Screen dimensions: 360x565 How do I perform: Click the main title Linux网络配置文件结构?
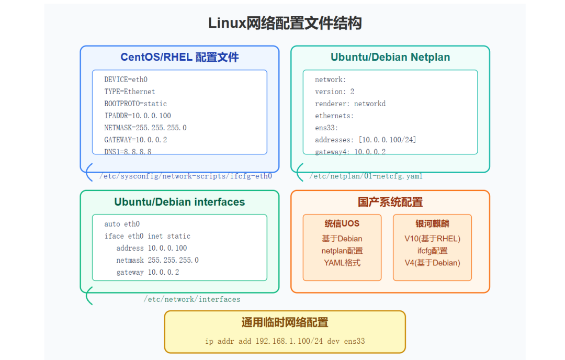click(285, 24)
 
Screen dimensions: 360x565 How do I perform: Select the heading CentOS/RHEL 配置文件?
click(179, 57)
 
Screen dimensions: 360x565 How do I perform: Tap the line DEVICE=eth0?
click(126, 80)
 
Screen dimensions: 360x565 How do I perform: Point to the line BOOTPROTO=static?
click(135, 104)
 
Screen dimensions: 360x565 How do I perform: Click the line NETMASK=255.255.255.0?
click(145, 128)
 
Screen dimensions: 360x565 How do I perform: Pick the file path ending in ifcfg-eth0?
click(186, 176)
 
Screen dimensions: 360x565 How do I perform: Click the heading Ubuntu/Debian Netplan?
click(390, 57)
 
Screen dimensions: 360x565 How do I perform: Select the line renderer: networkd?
click(350, 104)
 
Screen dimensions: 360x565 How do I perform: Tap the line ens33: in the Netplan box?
click(326, 128)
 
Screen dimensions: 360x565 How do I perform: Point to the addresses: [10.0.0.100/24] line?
click(366, 140)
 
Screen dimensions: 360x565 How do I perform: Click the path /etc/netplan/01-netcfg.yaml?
click(366, 176)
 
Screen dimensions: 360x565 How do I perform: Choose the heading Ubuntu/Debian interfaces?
click(179, 201)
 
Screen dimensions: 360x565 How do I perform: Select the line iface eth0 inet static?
click(148, 236)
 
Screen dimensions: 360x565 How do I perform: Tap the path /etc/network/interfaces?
click(192, 299)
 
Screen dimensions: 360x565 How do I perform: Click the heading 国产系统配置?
click(390, 202)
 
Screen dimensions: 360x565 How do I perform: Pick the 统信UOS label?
click(342, 223)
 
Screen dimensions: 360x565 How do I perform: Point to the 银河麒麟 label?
click(432, 223)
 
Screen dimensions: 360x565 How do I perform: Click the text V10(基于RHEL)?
click(432, 239)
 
